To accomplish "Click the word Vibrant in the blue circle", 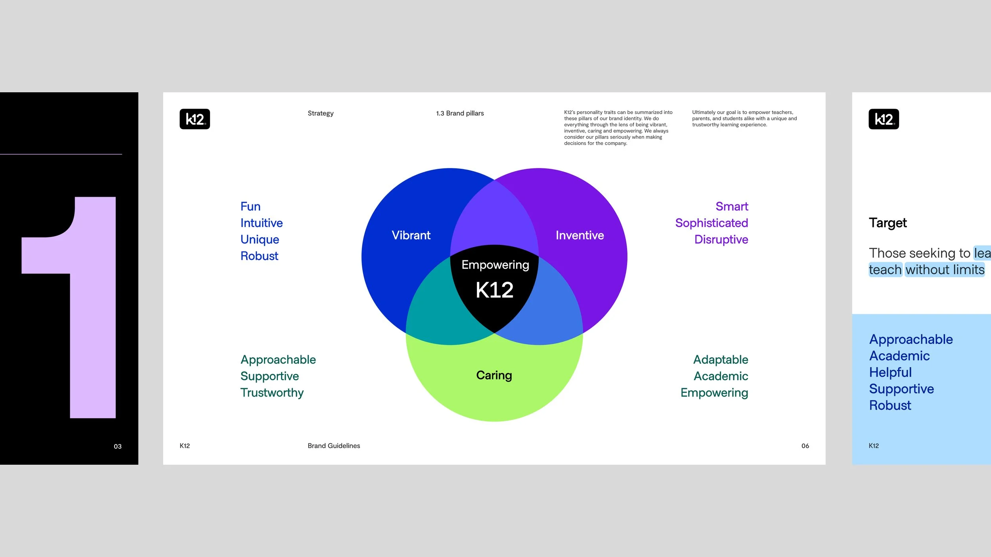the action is click(411, 235).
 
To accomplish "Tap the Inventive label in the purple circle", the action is click(580, 235).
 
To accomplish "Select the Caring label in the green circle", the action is click(494, 375).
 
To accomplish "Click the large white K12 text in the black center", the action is click(494, 290).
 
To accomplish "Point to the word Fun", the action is click(250, 206).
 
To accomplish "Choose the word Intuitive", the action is click(261, 223).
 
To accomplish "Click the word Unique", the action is click(260, 240).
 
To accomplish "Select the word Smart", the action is click(731, 206).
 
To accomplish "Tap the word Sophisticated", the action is click(712, 223).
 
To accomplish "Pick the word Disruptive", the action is click(721, 240).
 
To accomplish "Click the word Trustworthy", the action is click(272, 393).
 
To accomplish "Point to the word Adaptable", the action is click(721, 360).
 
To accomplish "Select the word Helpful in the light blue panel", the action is click(890, 372).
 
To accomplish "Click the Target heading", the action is click(888, 223).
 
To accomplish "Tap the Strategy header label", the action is click(320, 113).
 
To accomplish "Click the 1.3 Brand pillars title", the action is click(460, 113).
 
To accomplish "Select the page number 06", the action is click(805, 446).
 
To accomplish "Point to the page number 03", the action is click(118, 446).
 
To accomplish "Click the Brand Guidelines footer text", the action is click(334, 446).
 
